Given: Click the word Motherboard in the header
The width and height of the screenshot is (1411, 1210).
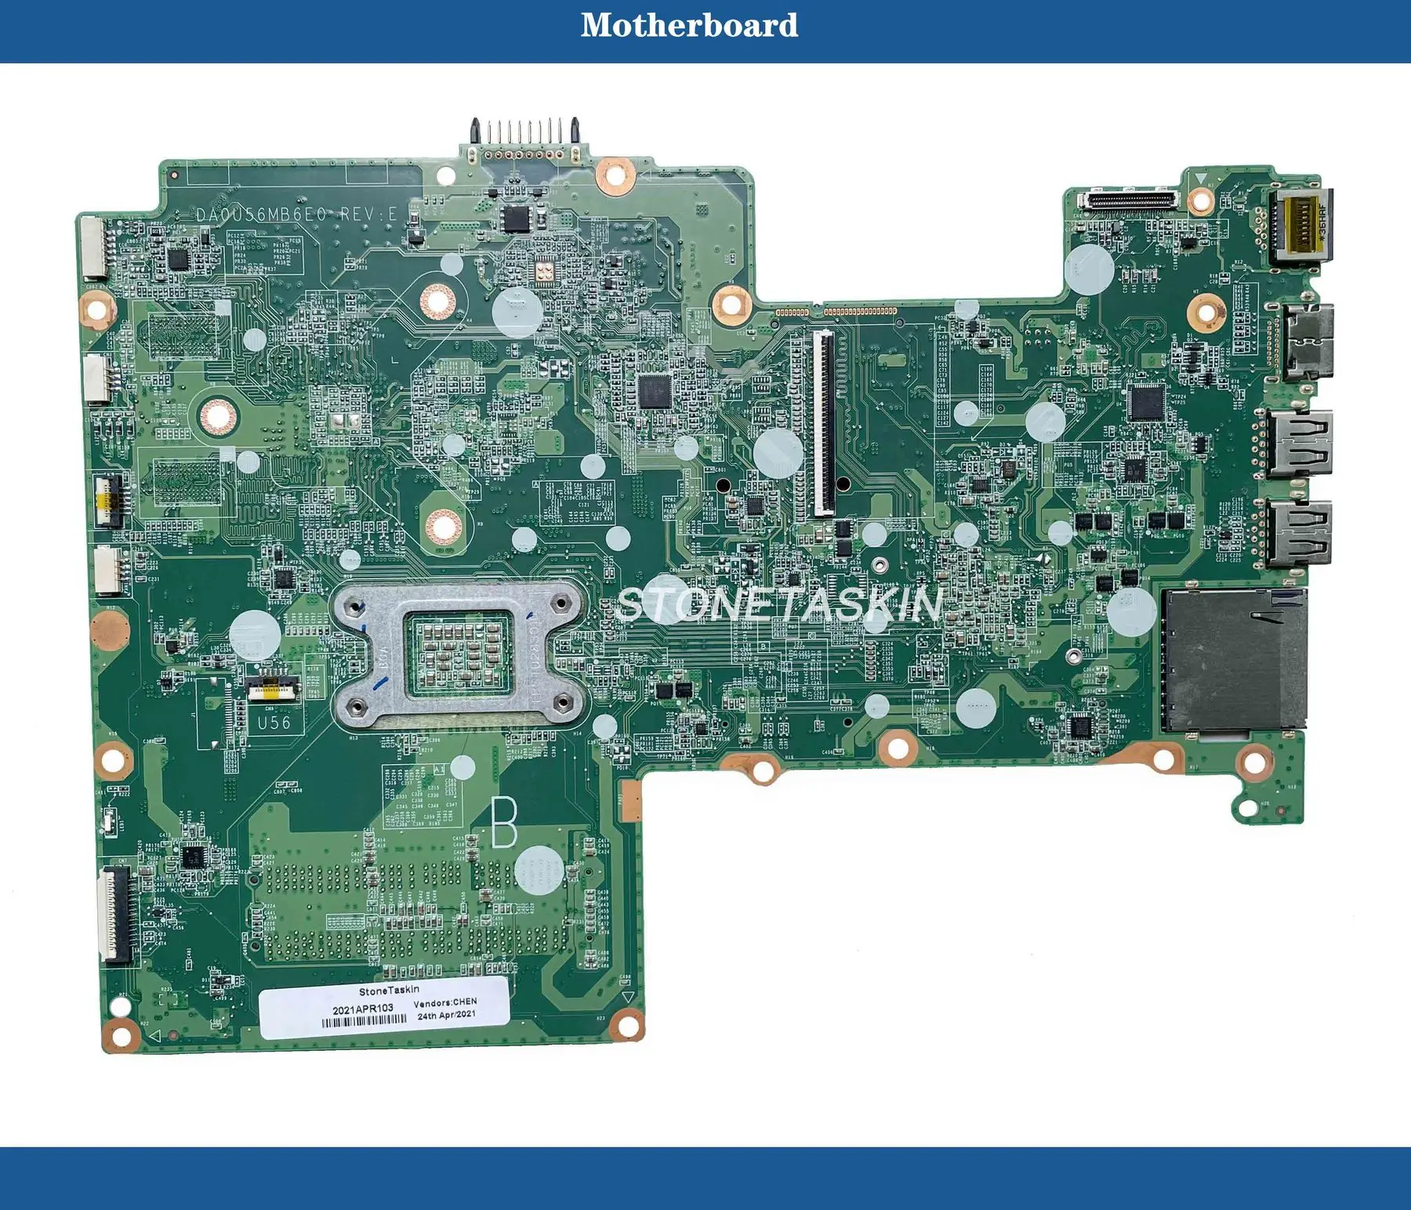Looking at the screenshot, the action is tap(689, 25).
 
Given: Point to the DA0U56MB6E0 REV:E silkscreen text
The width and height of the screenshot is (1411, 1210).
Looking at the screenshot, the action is tap(297, 214).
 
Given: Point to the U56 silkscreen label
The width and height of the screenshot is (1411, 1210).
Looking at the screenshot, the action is tap(274, 723).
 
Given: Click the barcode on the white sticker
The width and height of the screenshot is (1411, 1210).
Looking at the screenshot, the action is tap(365, 1021).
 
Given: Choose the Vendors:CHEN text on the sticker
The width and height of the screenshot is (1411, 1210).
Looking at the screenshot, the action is tap(444, 1002).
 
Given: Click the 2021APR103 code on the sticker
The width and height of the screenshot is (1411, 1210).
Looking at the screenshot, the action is tap(363, 1009).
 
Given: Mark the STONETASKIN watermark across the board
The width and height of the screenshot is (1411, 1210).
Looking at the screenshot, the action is tap(779, 604).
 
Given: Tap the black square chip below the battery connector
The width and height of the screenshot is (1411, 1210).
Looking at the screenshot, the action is tap(517, 219).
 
